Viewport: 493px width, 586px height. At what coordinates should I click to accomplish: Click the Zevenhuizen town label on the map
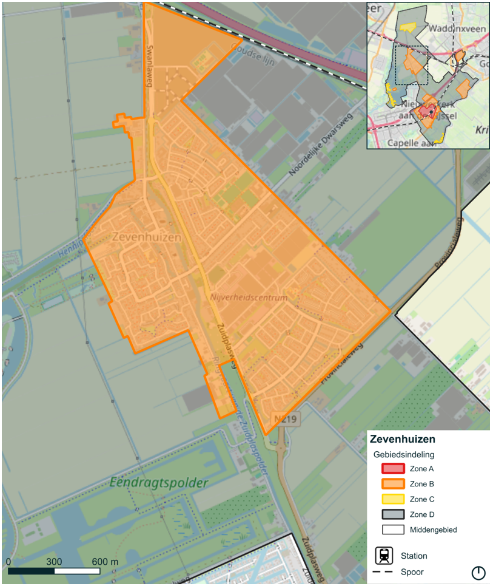pyautogui.click(x=147, y=237)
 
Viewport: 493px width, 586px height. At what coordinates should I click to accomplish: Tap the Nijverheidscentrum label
pyautogui.click(x=249, y=298)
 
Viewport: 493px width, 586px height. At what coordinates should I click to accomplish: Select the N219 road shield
pyautogui.click(x=286, y=418)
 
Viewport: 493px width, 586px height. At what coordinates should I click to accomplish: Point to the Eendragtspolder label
pyautogui.click(x=159, y=483)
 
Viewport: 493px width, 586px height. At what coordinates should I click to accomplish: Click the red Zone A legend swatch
pyautogui.click(x=392, y=469)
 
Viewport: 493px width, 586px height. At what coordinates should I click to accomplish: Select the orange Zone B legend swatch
pyautogui.click(x=392, y=484)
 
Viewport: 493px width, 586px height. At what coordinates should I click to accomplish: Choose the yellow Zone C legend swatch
pyautogui.click(x=392, y=499)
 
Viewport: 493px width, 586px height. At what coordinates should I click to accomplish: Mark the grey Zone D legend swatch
pyautogui.click(x=392, y=514)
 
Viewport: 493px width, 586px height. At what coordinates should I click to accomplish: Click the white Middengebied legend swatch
pyautogui.click(x=392, y=530)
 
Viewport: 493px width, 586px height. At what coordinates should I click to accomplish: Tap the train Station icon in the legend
pyautogui.click(x=384, y=556)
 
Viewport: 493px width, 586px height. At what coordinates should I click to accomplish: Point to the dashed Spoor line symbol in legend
pyautogui.click(x=384, y=572)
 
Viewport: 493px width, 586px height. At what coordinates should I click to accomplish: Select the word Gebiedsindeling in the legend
pyautogui.click(x=404, y=454)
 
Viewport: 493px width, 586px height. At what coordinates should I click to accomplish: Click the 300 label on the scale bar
pyautogui.click(x=54, y=561)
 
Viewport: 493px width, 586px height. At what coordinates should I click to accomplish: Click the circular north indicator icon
pyautogui.click(x=478, y=573)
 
